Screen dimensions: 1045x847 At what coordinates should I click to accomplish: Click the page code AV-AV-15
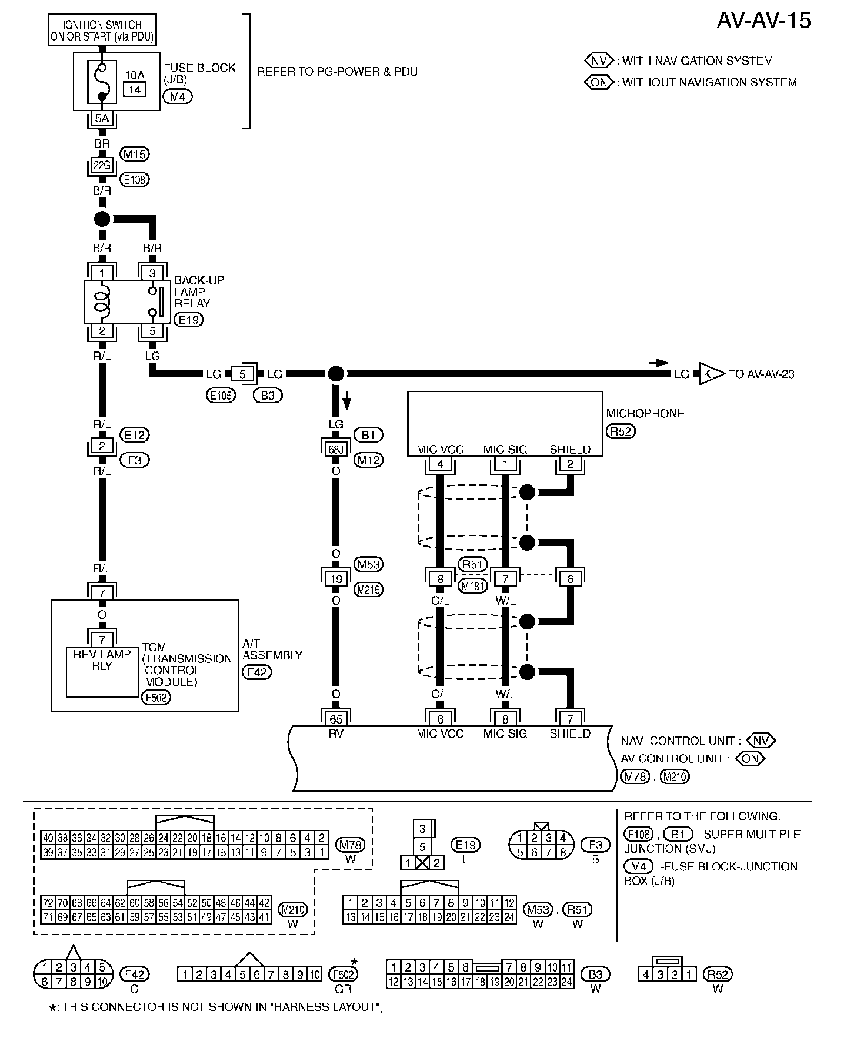(763, 20)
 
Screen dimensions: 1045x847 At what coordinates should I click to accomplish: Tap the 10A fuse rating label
(135, 75)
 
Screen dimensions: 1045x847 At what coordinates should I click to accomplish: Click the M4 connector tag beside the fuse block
(178, 96)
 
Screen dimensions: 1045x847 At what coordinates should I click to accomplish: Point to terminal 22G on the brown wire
(102, 166)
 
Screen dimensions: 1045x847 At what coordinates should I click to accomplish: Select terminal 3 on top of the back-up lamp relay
(152, 273)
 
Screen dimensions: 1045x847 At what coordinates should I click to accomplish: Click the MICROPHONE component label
(645, 413)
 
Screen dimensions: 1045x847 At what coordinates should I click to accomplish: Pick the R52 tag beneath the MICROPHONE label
(621, 431)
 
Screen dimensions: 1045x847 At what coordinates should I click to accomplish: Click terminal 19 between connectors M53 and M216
(335, 578)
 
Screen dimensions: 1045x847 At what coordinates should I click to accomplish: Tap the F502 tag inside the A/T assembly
(156, 697)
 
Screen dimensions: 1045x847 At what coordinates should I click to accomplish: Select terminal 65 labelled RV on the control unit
(335, 719)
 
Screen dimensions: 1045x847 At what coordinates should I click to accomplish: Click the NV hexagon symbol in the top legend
(599, 61)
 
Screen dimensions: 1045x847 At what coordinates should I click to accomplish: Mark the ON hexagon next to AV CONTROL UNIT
(751, 758)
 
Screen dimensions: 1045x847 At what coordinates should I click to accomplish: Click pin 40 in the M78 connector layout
(47, 838)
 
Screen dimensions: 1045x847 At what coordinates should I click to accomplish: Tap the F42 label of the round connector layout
(135, 974)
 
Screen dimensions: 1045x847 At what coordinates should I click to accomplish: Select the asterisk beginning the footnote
(53, 1009)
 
